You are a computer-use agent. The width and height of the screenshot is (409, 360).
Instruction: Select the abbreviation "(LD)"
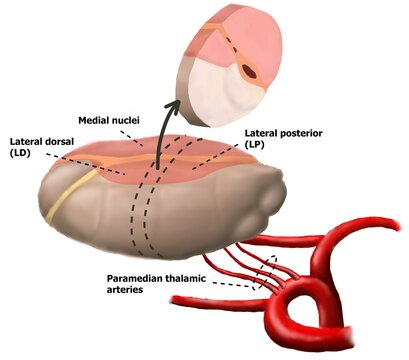[21, 154]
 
